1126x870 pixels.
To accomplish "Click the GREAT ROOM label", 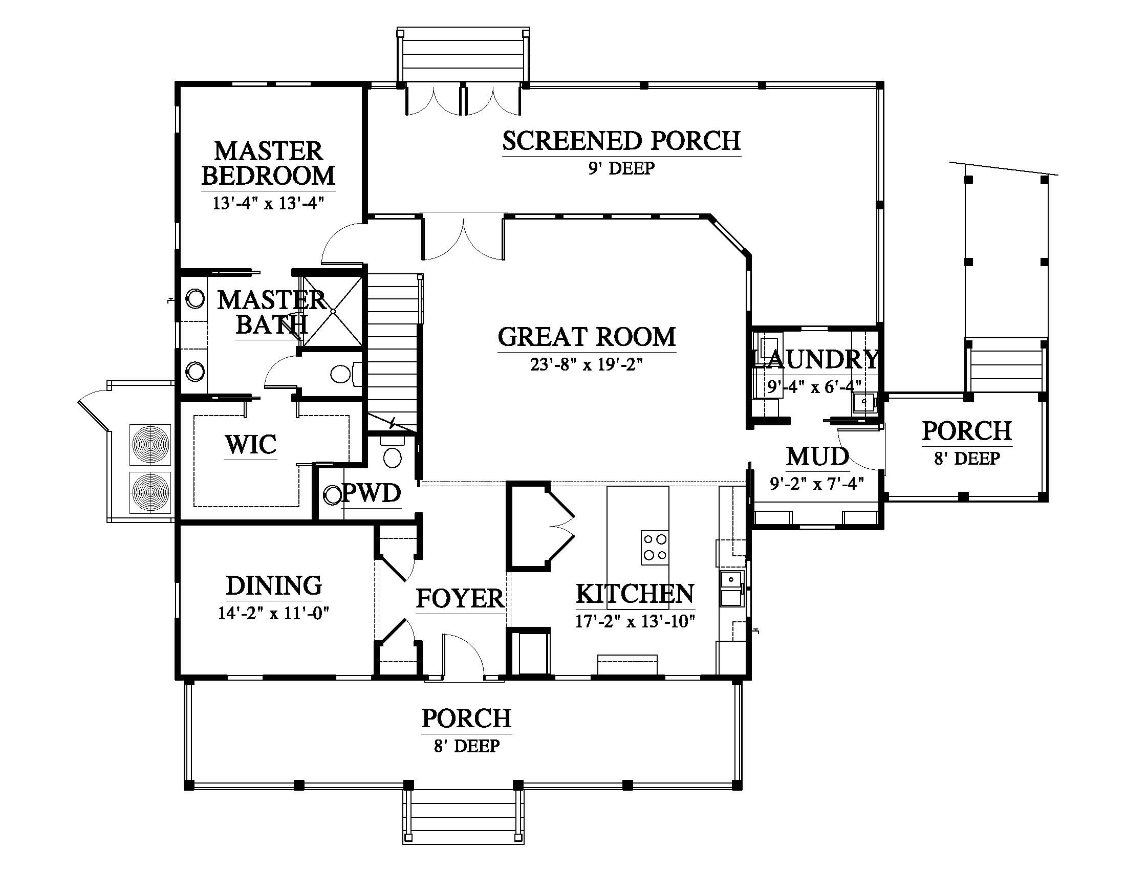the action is pos(587,337).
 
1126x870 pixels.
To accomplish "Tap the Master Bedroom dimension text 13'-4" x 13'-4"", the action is pos(268,203).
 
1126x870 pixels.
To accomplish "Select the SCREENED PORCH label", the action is pos(621,141).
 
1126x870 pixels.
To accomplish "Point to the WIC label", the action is pos(251,444).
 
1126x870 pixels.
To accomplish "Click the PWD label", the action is pos(371,493).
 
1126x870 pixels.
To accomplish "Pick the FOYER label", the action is pos(460,598).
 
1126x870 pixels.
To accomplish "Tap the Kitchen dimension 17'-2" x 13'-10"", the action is pos(635,621).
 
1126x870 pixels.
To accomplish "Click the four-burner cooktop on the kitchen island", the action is pos(655,547).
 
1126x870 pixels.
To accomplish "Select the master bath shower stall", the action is pos(333,311).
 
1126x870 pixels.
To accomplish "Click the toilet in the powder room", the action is pos(393,452).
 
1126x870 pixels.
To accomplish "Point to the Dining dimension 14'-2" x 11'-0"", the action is pos(273,613).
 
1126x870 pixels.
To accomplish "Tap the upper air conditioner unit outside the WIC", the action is pos(150,444).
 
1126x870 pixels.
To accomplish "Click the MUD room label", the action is pos(817,456).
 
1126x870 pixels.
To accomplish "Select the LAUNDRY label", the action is pos(817,359).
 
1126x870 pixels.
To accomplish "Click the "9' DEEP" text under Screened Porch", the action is pos(621,168).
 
